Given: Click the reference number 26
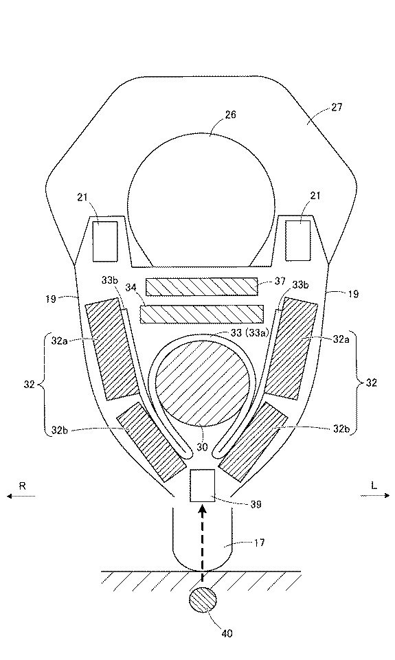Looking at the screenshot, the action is [231, 115].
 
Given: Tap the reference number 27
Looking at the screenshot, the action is [337, 107].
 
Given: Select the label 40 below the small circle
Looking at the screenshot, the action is [227, 633].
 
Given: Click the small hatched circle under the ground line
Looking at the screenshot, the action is [203, 600].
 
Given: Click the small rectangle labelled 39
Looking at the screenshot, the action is [202, 486].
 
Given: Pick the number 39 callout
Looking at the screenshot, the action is [256, 504].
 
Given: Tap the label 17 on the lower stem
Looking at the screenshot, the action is [260, 543].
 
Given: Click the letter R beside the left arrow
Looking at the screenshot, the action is [23, 486].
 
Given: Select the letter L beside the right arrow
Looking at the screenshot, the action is [374, 486].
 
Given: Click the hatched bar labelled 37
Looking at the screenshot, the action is [202, 286].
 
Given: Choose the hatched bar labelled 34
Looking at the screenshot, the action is [202, 315].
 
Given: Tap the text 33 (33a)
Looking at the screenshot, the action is [250, 332].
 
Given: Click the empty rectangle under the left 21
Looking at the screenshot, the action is [105, 241].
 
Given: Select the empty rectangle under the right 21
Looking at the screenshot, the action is [297, 240].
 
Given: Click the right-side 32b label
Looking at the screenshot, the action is [341, 429].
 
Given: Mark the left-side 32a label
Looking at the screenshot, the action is [59, 341].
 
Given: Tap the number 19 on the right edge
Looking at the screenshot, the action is [354, 294].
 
